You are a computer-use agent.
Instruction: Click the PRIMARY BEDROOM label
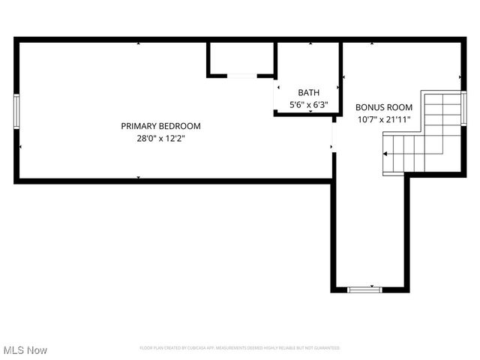click(160, 126)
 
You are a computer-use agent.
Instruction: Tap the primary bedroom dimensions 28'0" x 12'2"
click(160, 138)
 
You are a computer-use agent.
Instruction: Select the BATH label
click(308, 92)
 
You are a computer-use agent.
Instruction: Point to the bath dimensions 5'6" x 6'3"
click(308, 105)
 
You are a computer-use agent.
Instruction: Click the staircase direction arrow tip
click(385, 153)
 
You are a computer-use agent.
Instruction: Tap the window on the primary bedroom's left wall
click(16, 112)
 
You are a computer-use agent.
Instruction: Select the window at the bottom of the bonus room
click(364, 289)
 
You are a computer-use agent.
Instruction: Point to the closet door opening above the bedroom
click(241, 75)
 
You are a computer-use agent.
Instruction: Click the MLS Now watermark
click(25, 350)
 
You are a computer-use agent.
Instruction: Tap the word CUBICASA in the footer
click(196, 348)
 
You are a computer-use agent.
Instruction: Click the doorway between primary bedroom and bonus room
click(333, 136)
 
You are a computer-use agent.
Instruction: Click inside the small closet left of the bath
click(241, 58)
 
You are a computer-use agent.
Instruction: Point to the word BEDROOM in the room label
click(180, 126)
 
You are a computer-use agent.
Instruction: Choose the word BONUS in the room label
click(367, 107)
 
